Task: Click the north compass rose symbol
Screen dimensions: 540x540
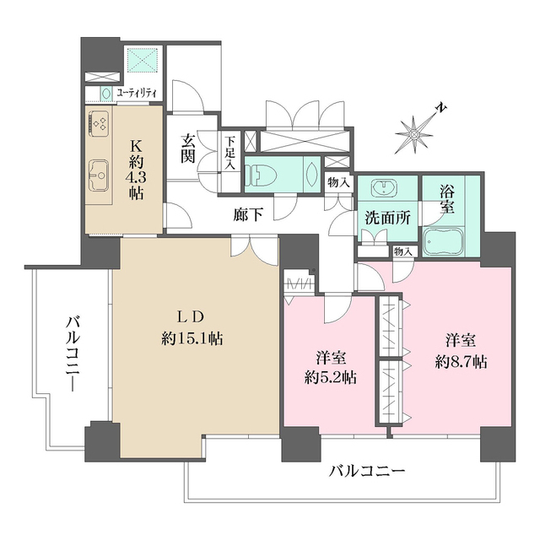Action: (417, 132)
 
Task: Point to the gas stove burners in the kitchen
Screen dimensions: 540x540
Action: (97, 125)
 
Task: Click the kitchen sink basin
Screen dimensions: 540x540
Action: (97, 175)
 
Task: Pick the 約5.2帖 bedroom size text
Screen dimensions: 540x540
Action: (329, 377)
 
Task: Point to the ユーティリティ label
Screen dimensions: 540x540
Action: (134, 93)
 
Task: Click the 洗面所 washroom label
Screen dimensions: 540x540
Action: (387, 217)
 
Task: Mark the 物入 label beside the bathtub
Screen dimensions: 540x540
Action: (403, 251)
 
